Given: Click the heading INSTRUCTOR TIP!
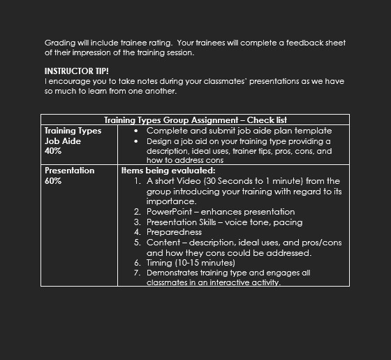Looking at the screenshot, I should [x=77, y=71].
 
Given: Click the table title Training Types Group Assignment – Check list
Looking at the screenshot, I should [x=195, y=120].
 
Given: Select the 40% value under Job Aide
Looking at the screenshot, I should [x=53, y=150].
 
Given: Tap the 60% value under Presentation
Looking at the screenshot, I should [x=53, y=180].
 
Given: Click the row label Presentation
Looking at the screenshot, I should [x=70, y=170].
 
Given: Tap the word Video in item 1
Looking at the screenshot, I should [x=205, y=180].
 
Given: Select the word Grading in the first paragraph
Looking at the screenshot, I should [x=60, y=42].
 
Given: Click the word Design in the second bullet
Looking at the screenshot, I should [x=160, y=141].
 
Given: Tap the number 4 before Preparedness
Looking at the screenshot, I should [x=138, y=231].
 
